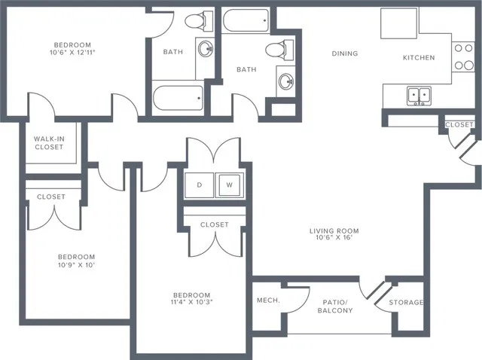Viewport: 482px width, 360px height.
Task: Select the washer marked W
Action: point(228,185)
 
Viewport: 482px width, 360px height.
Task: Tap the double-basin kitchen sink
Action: point(419,96)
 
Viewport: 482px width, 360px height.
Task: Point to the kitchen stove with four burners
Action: point(461,56)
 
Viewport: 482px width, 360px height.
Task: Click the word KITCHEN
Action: point(419,57)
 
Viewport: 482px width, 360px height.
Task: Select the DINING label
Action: point(345,53)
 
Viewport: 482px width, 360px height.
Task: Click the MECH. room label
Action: point(269,301)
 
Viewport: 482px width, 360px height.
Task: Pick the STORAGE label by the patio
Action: point(406,303)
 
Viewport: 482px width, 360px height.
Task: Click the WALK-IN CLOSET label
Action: point(48,143)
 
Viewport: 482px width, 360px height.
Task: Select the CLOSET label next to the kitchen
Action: point(459,124)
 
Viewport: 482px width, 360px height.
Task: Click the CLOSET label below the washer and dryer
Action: point(215,224)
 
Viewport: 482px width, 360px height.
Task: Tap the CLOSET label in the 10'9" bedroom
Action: point(50,197)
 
